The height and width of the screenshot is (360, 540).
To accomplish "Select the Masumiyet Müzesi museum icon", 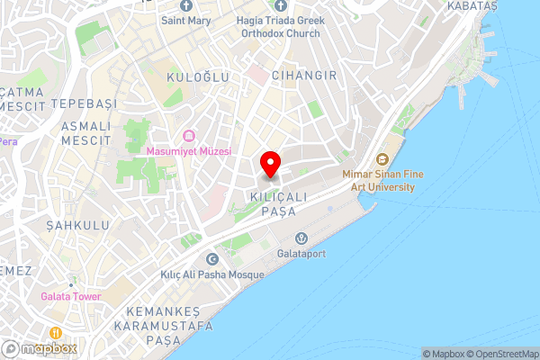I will [189, 136].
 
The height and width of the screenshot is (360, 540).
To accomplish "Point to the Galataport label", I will [301, 254].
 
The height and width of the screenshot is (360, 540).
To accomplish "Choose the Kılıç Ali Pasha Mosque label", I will [212, 274].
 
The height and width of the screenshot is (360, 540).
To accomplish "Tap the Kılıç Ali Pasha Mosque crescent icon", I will [212, 259].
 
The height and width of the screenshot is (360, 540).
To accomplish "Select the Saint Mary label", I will [186, 19].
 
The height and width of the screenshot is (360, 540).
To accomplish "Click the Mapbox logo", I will [40, 348].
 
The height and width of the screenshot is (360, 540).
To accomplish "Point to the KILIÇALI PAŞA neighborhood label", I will [278, 202].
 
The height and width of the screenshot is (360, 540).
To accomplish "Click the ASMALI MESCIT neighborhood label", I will [85, 133].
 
